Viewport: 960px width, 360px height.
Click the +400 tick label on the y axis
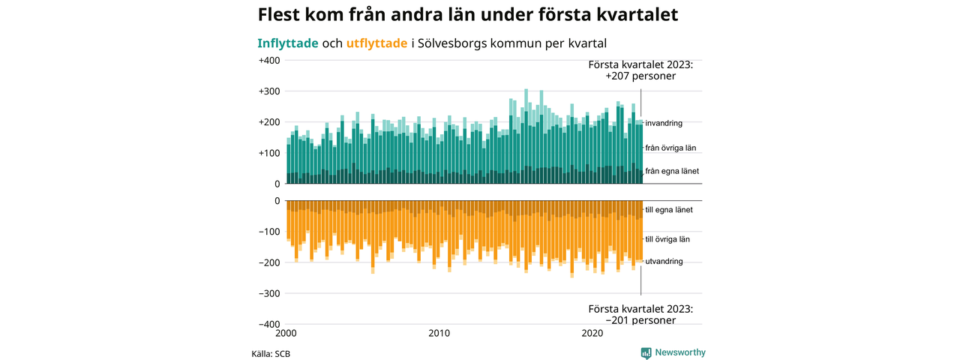pyautogui.click(x=268, y=61)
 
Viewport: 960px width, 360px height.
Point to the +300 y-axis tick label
pyautogui.click(x=268, y=91)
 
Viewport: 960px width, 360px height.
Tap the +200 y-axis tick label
pyautogui.click(x=268, y=122)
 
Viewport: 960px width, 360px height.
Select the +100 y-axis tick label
pyautogui.click(x=268, y=153)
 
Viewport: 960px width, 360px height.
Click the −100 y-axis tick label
pyautogui.click(x=268, y=232)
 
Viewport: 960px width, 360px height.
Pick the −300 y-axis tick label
pyautogui.click(x=268, y=293)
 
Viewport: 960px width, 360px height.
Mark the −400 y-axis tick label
pyautogui.click(x=268, y=324)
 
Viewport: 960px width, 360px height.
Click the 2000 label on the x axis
pyautogui.click(x=286, y=333)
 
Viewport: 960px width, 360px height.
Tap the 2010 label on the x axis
pyautogui.click(x=439, y=333)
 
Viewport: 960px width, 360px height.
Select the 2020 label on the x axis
pyautogui.click(x=592, y=333)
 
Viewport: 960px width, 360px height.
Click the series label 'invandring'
pyautogui.click(x=664, y=123)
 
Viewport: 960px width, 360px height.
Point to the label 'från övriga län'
pyautogui.click(x=671, y=148)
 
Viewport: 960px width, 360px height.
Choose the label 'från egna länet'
pyautogui.click(x=672, y=172)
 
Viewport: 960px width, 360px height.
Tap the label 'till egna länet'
pyautogui.click(x=668, y=210)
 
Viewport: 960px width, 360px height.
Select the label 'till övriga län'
pyautogui.click(x=667, y=239)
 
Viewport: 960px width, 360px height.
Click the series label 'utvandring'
pyautogui.click(x=664, y=262)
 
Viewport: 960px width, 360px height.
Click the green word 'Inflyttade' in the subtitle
pyautogui.click(x=288, y=43)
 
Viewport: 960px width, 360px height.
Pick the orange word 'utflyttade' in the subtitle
pyautogui.click(x=377, y=43)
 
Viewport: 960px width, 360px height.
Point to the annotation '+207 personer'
pyautogui.click(x=641, y=76)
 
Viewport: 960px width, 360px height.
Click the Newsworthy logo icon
pyautogui.click(x=646, y=353)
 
